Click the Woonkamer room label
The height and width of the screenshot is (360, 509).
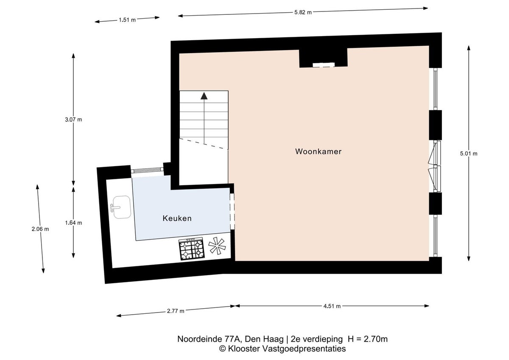click(318, 151)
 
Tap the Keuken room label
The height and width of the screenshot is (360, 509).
click(177, 218)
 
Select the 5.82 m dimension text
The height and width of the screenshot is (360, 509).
click(303, 12)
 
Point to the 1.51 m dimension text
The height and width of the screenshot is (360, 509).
click(127, 20)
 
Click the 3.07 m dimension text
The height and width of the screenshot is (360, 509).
click(73, 120)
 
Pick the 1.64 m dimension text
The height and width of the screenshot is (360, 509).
click(73, 223)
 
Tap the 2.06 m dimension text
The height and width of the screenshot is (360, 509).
click(40, 229)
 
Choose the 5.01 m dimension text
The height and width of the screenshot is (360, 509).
click(469, 153)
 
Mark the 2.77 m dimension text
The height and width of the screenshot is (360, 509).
click(176, 311)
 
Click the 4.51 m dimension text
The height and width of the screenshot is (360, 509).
click(332, 306)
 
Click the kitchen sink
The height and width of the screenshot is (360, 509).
click(121, 207)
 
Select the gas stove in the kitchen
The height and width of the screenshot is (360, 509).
click(192, 248)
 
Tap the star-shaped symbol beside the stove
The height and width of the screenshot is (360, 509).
click(217, 246)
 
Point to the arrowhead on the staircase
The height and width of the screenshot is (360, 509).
click(204, 96)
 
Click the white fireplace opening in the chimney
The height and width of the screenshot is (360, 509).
click(324, 65)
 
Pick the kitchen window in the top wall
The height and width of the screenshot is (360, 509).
click(147, 170)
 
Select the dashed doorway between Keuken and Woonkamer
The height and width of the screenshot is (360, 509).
click(232, 212)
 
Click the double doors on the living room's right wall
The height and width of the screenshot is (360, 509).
click(435, 166)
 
